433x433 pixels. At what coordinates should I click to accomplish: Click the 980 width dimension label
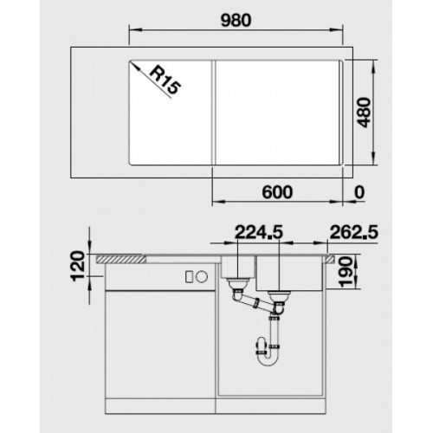click(x=236, y=21)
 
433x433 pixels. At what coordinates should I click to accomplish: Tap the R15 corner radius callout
click(x=165, y=81)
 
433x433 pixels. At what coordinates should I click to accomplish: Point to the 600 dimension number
click(x=277, y=192)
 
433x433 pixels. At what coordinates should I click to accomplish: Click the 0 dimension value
click(x=359, y=192)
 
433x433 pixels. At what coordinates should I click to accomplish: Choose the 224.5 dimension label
click(x=259, y=232)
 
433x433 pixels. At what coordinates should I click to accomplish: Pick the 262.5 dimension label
click(x=353, y=232)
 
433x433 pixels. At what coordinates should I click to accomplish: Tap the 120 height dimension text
click(x=78, y=266)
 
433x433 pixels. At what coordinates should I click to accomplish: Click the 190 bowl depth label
click(x=346, y=272)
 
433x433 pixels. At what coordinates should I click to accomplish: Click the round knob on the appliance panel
click(x=202, y=277)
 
